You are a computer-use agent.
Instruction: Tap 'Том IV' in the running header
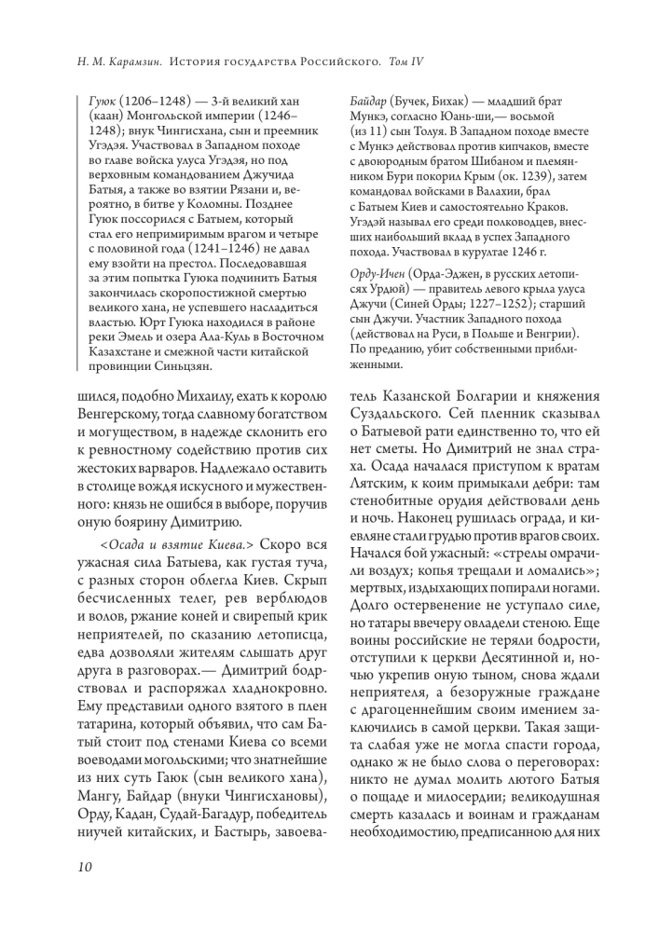405,62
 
